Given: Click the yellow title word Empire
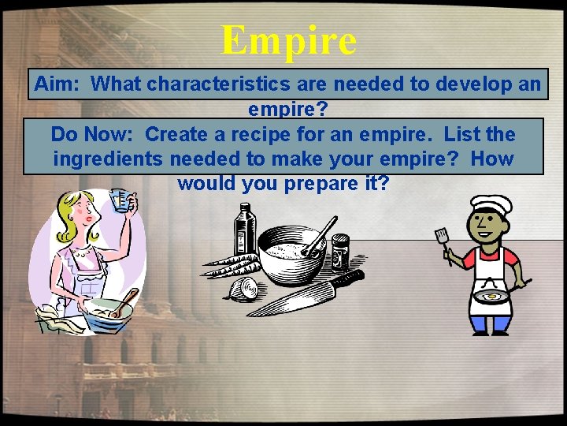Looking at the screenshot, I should (288, 40).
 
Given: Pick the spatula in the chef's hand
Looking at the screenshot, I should (441, 237).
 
